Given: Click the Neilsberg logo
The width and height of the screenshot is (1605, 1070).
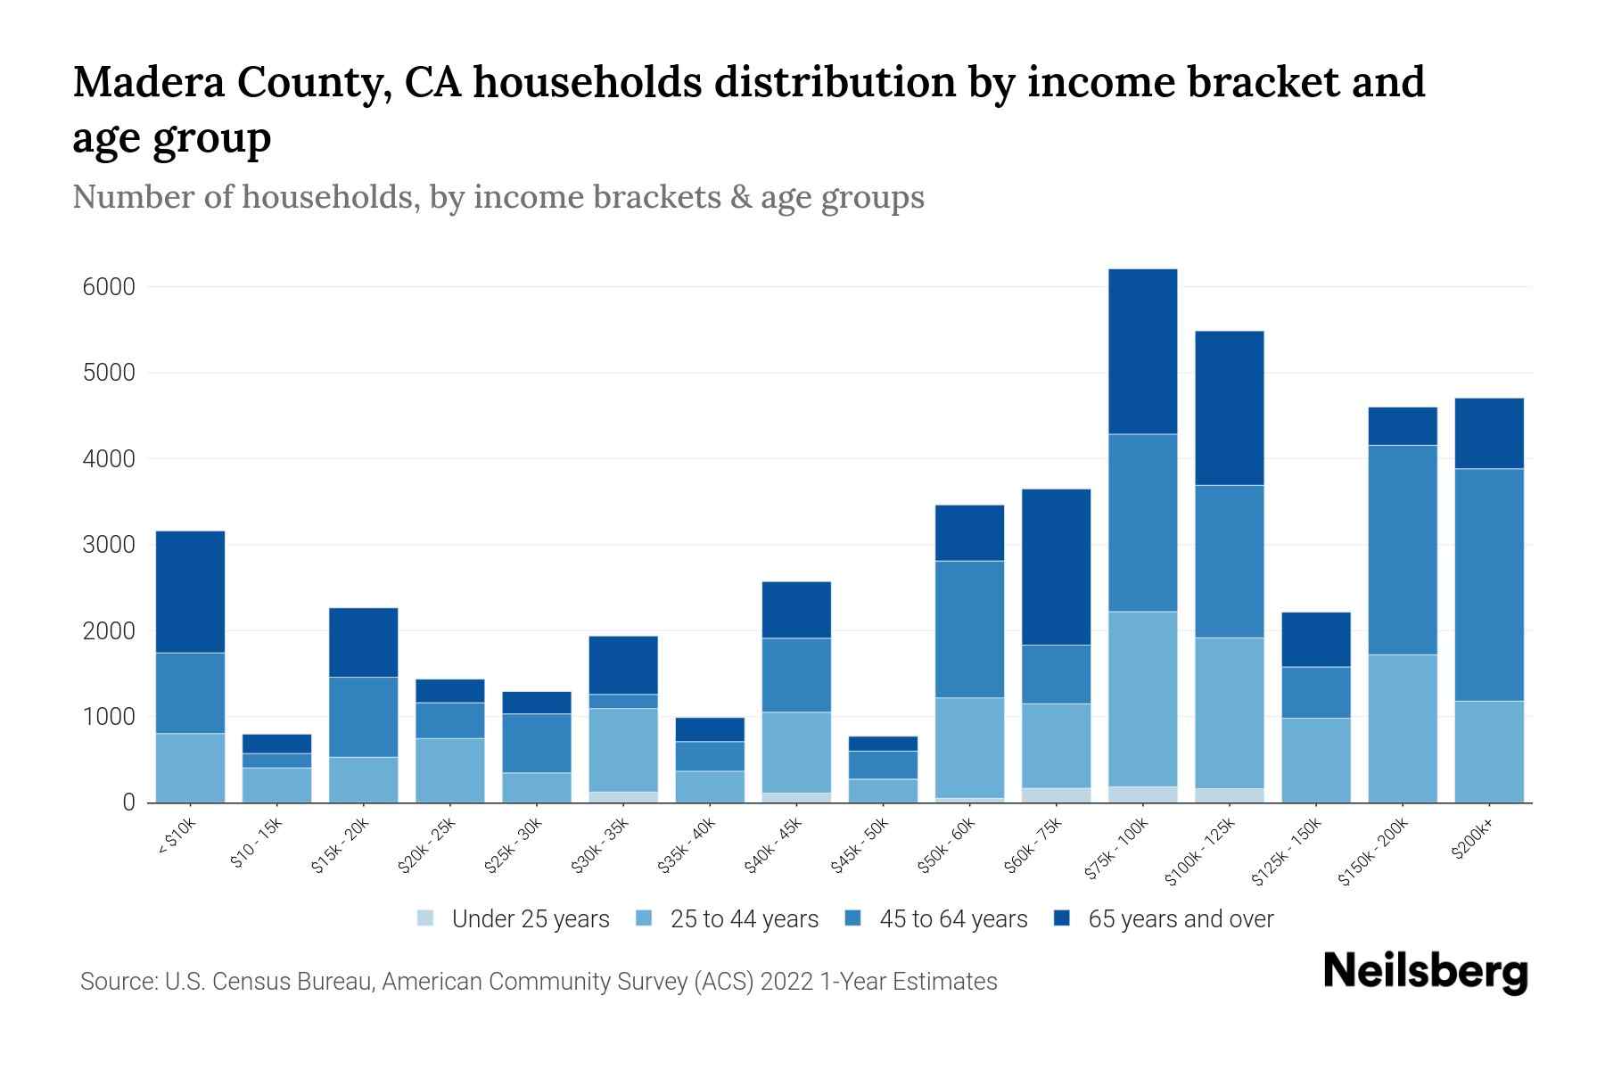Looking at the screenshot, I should pyautogui.click(x=1426, y=972).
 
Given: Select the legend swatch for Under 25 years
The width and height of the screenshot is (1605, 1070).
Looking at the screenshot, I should pyautogui.click(x=426, y=918).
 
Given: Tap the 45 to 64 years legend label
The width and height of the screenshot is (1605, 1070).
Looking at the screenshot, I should pyautogui.click(x=952, y=919).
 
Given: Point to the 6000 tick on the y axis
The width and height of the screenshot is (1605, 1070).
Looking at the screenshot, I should pyautogui.click(x=109, y=287).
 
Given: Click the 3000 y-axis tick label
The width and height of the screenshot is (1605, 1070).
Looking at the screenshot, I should pyautogui.click(x=109, y=545).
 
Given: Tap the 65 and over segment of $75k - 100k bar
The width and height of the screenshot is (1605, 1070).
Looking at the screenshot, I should pyautogui.click(x=1142, y=351).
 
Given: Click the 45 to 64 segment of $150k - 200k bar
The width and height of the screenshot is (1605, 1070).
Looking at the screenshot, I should pyautogui.click(x=1402, y=549).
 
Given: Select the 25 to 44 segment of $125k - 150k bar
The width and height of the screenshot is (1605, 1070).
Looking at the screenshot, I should pyautogui.click(x=1315, y=760).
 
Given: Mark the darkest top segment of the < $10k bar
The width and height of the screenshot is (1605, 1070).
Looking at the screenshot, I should pyautogui.click(x=190, y=592).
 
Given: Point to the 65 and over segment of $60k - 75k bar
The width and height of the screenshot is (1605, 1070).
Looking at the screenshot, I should pyautogui.click(x=1056, y=566).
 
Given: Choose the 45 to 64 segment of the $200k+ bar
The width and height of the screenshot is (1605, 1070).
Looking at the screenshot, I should pyautogui.click(x=1488, y=584).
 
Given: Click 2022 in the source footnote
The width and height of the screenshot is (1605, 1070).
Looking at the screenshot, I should pyautogui.click(x=786, y=982).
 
